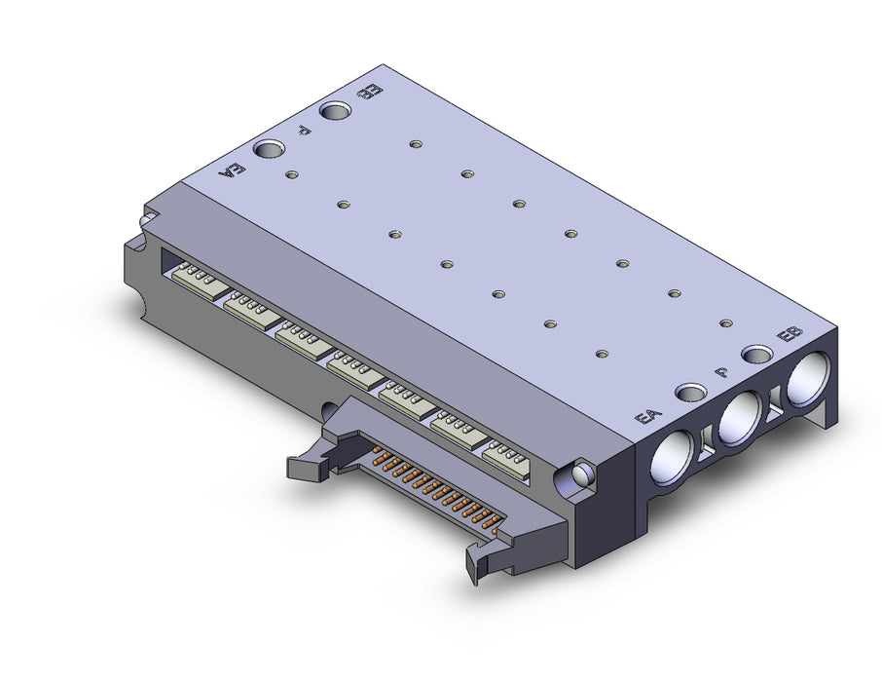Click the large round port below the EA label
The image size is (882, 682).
pyautogui.click(x=671, y=457)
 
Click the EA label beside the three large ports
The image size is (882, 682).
pyautogui.click(x=648, y=417)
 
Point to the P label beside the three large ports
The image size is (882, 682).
pyautogui.click(x=721, y=372)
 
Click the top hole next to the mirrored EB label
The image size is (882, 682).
pyautogui.click(x=336, y=111)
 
